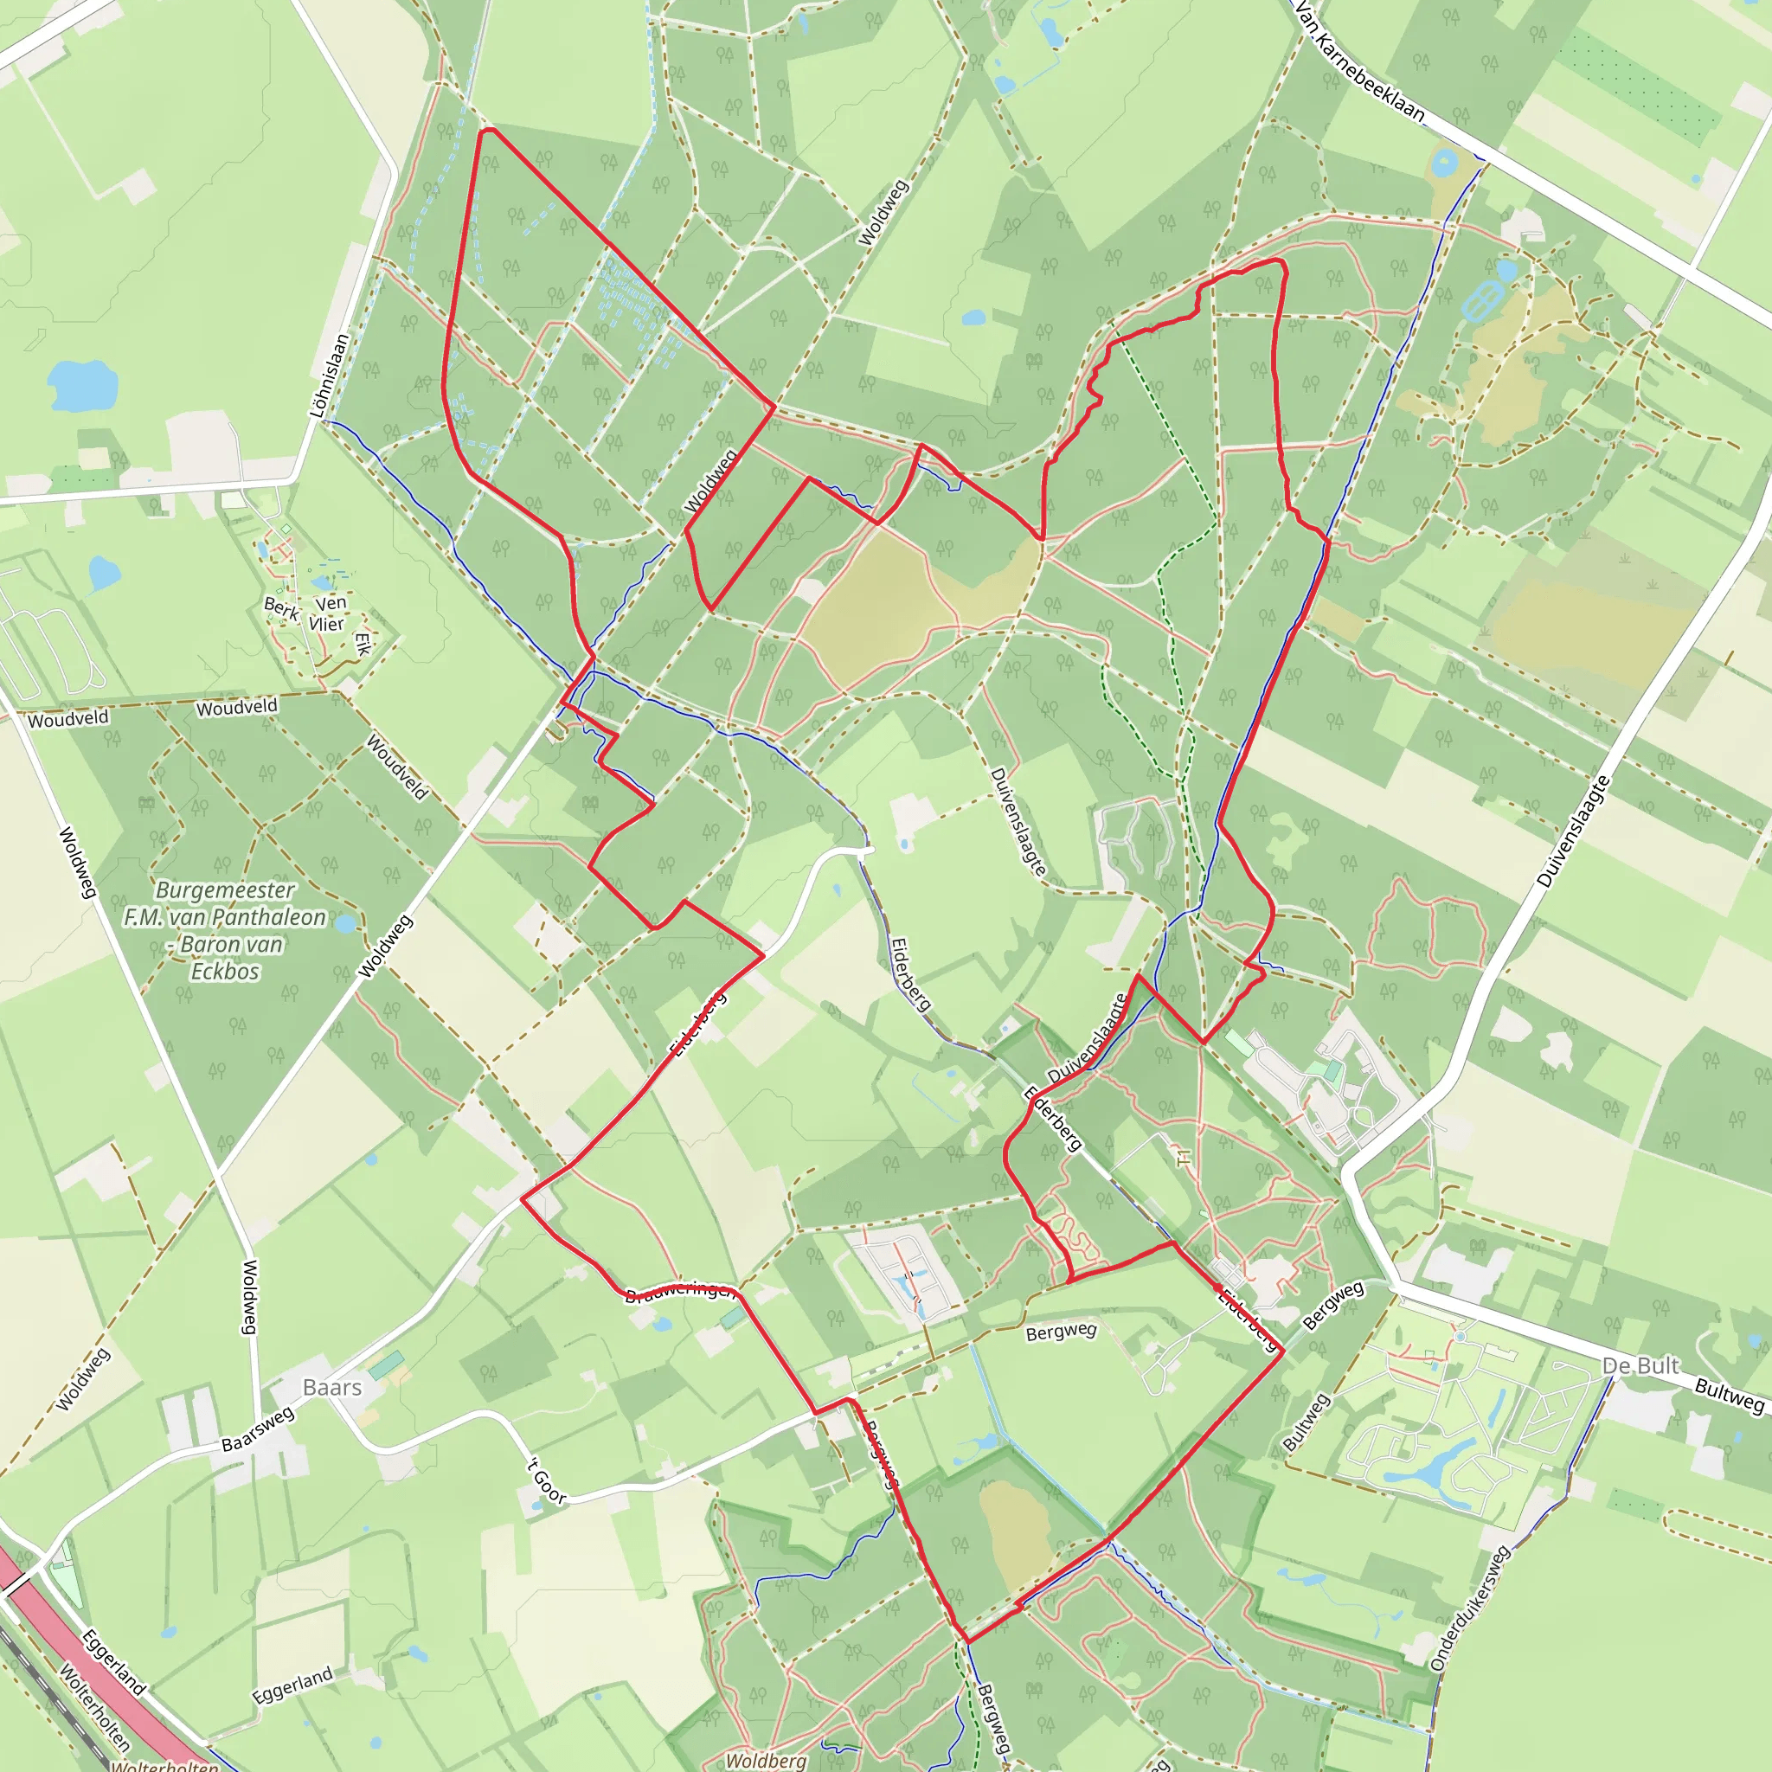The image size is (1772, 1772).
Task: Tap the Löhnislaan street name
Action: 331,376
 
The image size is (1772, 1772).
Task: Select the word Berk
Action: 280,608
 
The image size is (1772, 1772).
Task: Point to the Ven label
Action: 331,602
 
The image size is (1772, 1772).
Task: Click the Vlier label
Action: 326,624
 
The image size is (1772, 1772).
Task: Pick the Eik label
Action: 363,643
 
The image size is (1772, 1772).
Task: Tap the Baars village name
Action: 332,1387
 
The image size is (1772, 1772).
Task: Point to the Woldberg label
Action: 766,1760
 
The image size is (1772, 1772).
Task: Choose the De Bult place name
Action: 1640,1365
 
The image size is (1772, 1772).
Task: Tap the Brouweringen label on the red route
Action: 681,1293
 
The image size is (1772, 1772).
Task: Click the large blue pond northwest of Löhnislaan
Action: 82,384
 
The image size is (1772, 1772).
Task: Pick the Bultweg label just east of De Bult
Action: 1729,1395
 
